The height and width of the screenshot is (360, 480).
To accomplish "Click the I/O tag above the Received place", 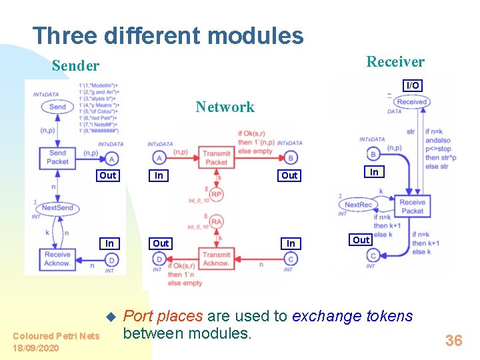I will (413, 85).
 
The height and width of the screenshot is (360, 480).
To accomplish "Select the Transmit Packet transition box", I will (217, 157).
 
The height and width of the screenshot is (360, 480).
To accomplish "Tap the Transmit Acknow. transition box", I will (217, 259).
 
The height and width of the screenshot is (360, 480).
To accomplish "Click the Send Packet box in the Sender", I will (58, 157).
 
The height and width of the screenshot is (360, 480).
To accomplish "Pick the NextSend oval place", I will (57, 208).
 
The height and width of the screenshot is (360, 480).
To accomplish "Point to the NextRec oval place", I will (358, 205).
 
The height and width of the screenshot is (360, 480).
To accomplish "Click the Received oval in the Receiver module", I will (411, 102).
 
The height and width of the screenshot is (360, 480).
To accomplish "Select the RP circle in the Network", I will (217, 195).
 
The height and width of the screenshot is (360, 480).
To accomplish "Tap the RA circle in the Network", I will (217, 221).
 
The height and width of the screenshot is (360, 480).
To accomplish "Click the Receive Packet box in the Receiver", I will (412, 206).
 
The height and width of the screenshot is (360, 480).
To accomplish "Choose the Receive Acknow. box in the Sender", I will (58, 259).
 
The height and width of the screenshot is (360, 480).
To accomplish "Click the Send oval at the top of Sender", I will (58, 107).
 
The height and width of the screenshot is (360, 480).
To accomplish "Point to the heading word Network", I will (225, 107).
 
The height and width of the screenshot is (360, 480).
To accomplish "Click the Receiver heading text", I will (395, 62).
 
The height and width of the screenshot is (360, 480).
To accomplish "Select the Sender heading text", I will (75, 65).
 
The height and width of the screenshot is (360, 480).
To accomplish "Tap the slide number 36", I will (453, 341).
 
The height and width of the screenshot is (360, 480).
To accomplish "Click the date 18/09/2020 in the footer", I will (36, 348).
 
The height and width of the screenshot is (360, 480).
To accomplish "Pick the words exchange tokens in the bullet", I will (353, 316).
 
